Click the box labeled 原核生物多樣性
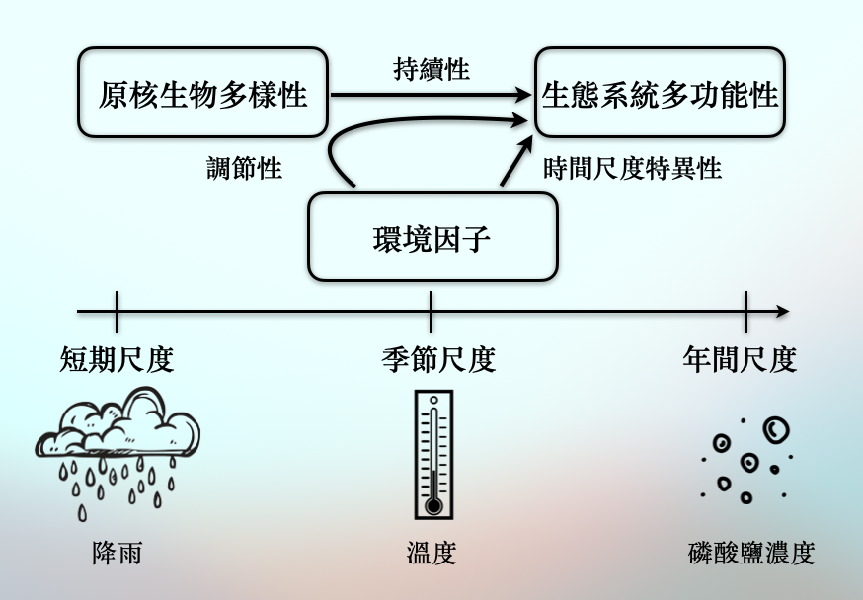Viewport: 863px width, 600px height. [x=202, y=94]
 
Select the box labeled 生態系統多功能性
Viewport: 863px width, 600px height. [x=660, y=94]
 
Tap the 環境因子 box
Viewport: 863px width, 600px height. [x=432, y=238]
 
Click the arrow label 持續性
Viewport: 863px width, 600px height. [x=431, y=69]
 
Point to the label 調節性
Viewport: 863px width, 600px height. [x=244, y=168]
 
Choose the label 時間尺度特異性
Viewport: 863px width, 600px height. [x=633, y=168]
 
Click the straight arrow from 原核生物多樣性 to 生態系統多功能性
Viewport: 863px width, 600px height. [x=425, y=95]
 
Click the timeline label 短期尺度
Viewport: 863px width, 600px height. [x=117, y=359]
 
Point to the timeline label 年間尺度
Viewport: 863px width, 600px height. [x=740, y=359]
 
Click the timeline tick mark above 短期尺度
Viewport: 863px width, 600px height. [x=117, y=311]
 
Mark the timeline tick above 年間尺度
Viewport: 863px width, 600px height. [x=745, y=311]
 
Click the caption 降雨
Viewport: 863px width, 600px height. [x=117, y=553]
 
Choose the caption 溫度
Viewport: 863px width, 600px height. [x=431, y=553]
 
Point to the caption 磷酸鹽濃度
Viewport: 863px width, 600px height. [x=750, y=553]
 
